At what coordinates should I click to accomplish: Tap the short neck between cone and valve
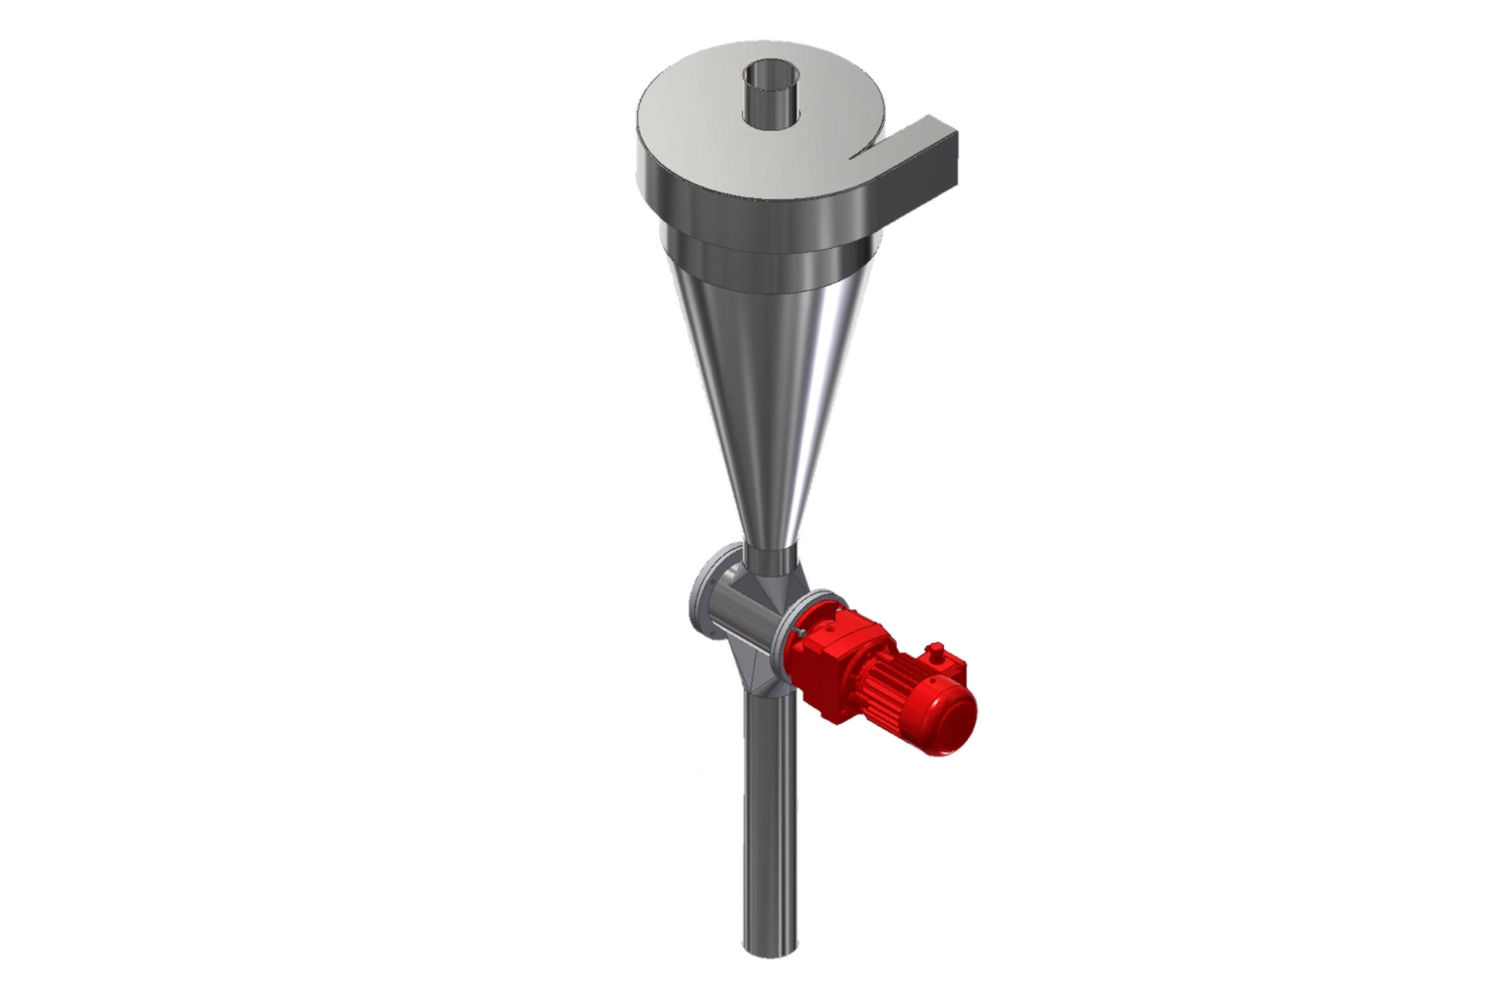(769, 559)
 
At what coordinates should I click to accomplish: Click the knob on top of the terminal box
(934, 649)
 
